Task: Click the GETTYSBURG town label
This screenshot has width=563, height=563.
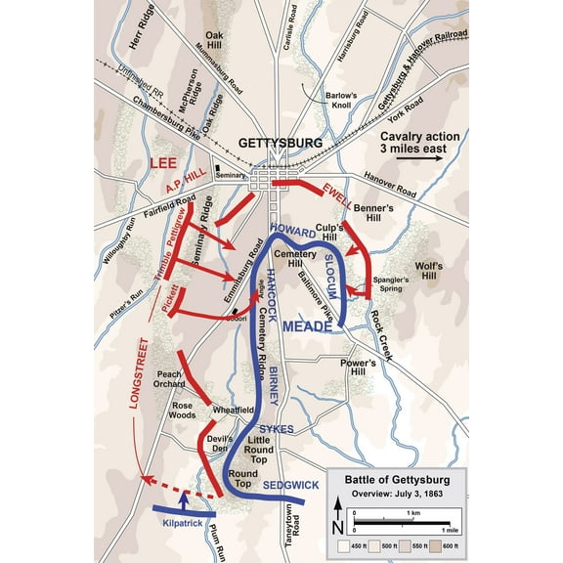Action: click(x=277, y=143)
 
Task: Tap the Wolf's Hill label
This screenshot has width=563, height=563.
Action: click(x=428, y=270)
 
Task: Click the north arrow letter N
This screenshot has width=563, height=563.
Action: click(x=337, y=502)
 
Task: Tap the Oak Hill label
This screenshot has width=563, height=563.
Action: click(x=215, y=39)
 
